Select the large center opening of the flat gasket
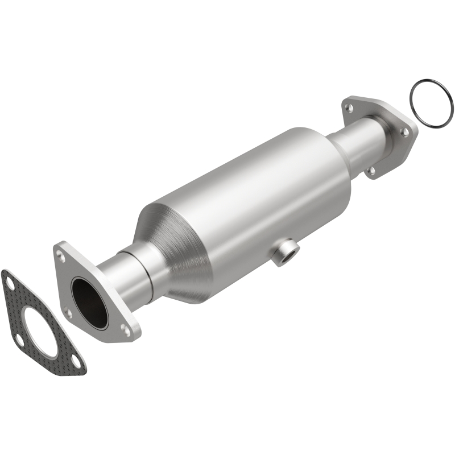pyautogui.click(x=42, y=328)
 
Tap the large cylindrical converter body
pyautogui.click(x=250, y=188)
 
